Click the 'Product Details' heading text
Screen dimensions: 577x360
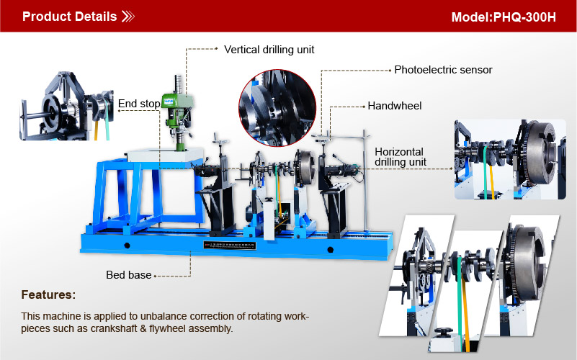pos(70,17)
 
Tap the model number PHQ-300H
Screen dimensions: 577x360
pos(524,17)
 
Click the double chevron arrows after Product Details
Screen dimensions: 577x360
pos(128,17)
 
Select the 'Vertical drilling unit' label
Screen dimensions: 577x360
pos(269,50)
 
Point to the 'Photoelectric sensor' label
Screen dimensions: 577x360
pos(443,70)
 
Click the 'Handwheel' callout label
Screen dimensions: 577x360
pos(395,106)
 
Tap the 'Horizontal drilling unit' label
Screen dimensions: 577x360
pos(401,157)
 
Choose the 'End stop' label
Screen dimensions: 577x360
pos(139,104)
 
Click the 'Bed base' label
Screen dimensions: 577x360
pos(129,275)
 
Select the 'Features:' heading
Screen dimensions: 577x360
pos(48,295)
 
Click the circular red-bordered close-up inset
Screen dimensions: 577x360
pos(277,108)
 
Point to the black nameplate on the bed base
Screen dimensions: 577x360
pos(230,246)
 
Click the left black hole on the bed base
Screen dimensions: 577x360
pos(127,246)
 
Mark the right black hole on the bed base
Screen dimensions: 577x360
pos(330,250)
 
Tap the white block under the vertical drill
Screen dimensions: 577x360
pos(165,155)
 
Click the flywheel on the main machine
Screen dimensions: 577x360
pos(304,167)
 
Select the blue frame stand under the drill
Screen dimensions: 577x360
pos(147,195)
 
